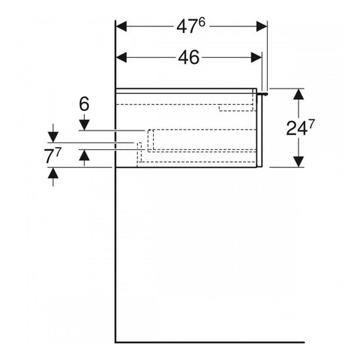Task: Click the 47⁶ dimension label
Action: (190, 26)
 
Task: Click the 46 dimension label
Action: (189, 58)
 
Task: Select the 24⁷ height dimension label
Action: (300, 127)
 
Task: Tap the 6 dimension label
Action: (84, 104)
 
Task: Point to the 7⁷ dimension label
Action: (52, 156)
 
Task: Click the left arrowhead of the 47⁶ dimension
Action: (121, 26)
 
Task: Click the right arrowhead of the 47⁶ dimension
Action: (262, 26)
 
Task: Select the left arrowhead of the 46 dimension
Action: (121, 58)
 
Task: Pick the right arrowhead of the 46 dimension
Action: (256, 58)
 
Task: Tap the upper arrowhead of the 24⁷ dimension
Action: (298, 94)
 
